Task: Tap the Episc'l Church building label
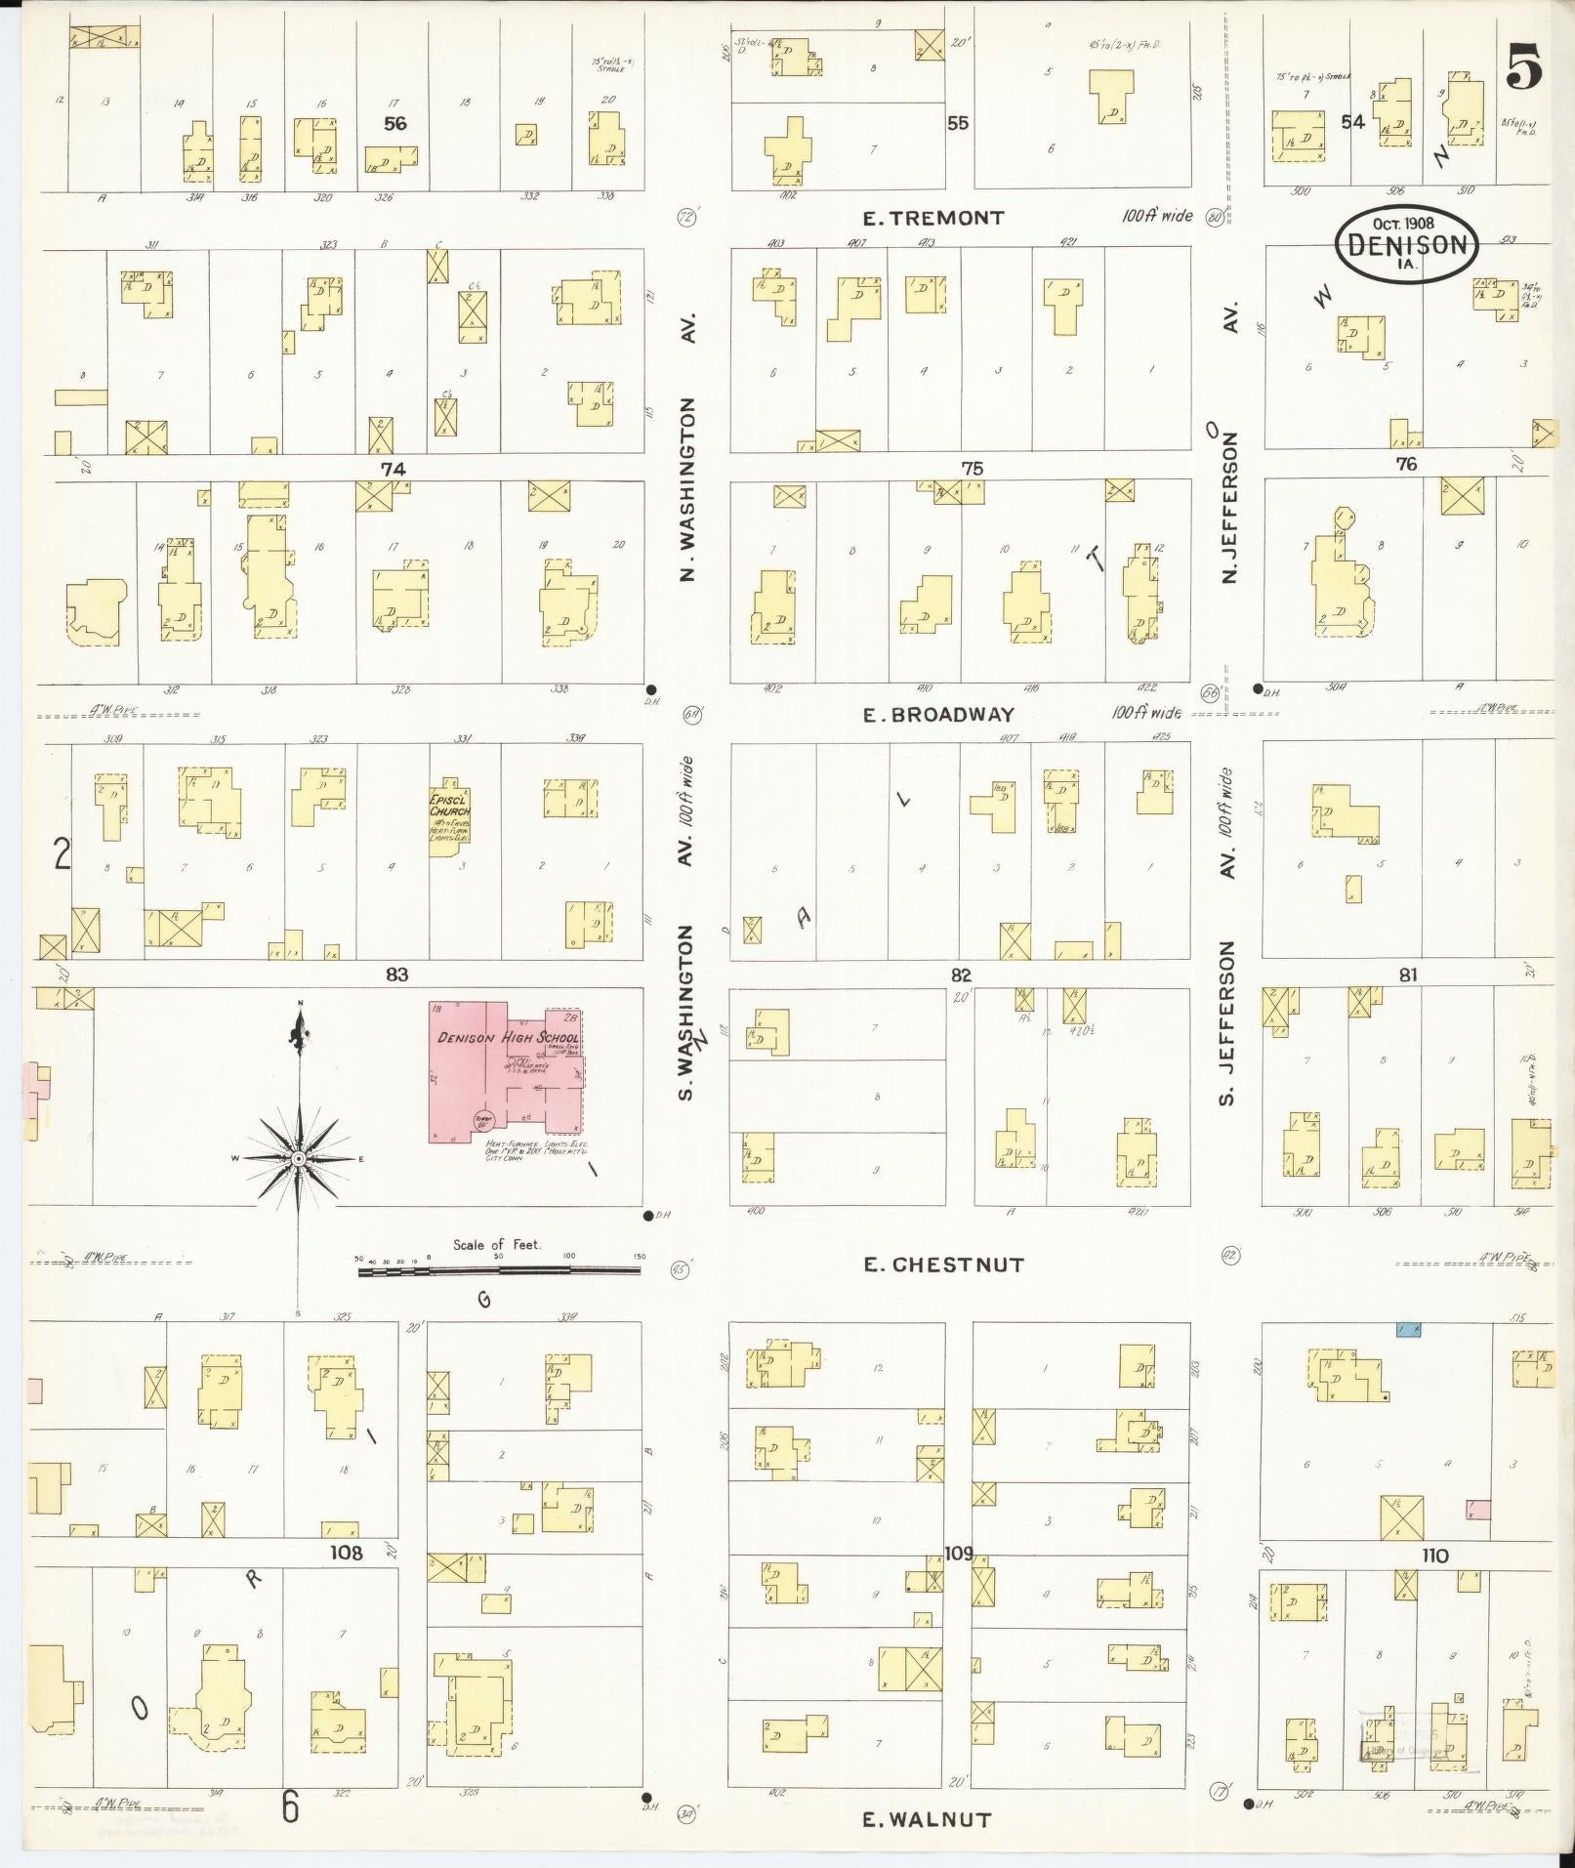coord(449,806)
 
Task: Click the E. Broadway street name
coord(938,715)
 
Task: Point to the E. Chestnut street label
coord(943,1266)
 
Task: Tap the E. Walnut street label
coord(928,1820)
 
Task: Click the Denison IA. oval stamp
coord(1406,244)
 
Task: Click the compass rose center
coord(300,1158)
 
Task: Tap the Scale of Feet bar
coord(498,1270)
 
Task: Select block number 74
coord(393,469)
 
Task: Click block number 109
coord(959,1554)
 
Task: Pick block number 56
coord(394,123)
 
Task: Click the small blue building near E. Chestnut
coord(1407,1330)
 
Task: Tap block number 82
coord(961,975)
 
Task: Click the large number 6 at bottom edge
coord(290,1808)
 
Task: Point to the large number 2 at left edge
coord(62,855)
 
